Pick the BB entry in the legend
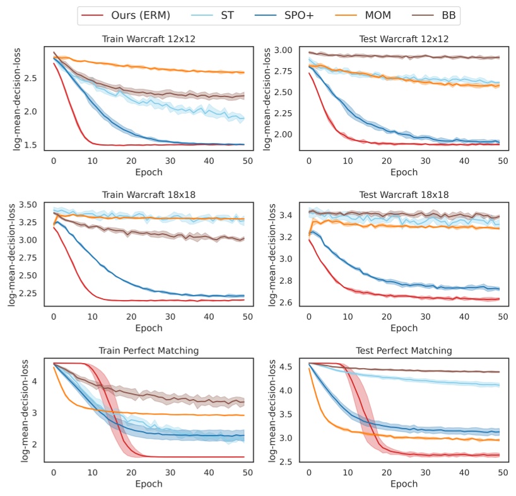pos(446,15)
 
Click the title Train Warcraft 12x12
pos(149,38)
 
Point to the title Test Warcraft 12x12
pos(404,38)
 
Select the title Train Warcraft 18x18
pos(149,195)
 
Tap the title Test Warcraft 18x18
pos(404,195)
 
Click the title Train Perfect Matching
pos(149,350)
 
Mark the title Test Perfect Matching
pos(404,350)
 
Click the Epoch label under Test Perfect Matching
pos(404,484)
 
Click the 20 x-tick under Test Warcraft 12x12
pos(386,161)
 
